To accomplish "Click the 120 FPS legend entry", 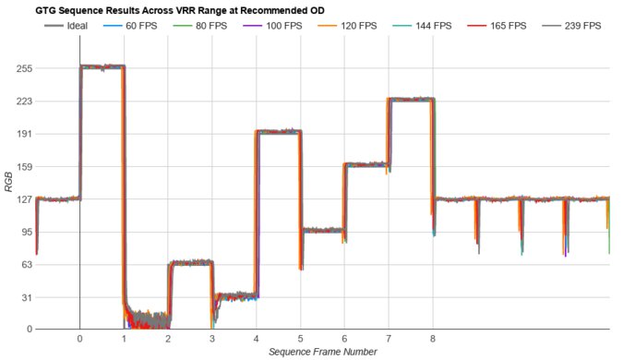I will pos(352,25).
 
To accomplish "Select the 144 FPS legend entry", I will pos(424,25).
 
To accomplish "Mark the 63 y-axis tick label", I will pos(26,264).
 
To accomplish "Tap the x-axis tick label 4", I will pos(257,339).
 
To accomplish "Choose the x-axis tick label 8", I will pos(433,339).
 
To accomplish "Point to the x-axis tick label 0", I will pos(80,339).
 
